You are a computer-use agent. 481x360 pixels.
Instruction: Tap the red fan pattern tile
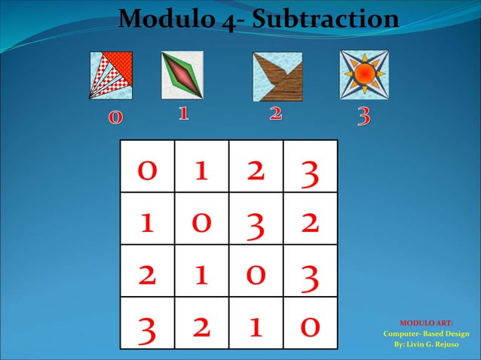click(111, 75)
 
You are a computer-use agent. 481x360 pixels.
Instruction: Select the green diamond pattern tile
click(182, 75)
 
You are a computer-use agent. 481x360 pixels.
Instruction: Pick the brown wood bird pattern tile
click(277, 76)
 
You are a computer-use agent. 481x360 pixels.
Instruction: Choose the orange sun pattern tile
click(363, 75)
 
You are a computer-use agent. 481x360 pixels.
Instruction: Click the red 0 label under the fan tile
click(115, 117)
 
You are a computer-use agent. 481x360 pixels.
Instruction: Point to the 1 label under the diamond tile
click(182, 114)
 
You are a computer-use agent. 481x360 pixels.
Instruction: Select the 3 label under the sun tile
click(363, 117)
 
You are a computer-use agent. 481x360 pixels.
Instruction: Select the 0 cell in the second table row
click(201, 221)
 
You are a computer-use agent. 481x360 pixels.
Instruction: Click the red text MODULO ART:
click(426, 323)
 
